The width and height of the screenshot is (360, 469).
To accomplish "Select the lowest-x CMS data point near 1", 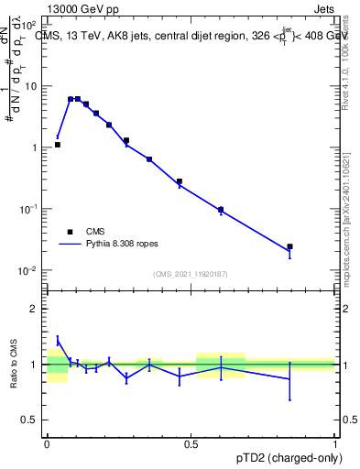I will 57,145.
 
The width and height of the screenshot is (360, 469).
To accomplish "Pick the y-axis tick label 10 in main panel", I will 31,86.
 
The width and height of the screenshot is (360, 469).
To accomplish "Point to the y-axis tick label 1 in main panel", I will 35,147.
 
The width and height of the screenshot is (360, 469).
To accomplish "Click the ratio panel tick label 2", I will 35,309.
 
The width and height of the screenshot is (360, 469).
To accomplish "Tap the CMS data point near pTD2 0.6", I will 220,210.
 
